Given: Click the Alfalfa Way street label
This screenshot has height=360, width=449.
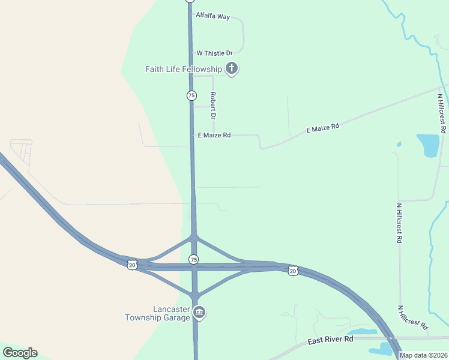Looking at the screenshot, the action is point(212,17).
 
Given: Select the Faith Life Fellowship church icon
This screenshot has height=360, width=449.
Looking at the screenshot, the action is point(232,69).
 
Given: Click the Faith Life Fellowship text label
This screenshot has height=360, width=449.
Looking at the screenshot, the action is point(184,69).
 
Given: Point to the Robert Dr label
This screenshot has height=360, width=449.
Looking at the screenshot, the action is point(212,104).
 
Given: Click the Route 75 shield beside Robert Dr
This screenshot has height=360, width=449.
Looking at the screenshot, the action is point(191,95).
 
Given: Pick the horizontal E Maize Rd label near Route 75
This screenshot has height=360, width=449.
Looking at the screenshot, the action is point(213,136).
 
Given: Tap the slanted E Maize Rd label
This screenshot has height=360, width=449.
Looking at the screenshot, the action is point(323,128).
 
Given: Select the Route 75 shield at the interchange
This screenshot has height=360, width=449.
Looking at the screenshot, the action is point(193,259).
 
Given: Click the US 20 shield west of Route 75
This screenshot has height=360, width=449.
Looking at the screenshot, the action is point(132,264).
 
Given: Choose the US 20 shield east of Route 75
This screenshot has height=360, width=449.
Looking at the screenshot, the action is point(293,271).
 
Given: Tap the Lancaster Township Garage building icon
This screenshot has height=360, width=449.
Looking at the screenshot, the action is point(200,312).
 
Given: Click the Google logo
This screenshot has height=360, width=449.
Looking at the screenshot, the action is point(20,352).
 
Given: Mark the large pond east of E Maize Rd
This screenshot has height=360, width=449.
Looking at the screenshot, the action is point(428,145).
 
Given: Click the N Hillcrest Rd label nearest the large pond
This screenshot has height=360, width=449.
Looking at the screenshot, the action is point(442,113).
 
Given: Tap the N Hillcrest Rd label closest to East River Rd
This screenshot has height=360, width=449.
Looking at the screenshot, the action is point(413,317).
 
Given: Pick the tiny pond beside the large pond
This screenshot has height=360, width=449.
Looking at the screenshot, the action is point(399,144).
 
